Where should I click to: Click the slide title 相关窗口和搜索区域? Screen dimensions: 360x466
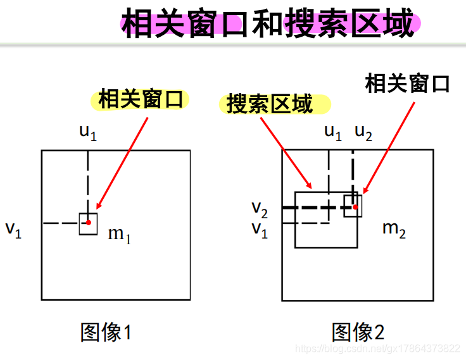[268, 25]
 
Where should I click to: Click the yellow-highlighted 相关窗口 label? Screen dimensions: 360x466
[141, 99]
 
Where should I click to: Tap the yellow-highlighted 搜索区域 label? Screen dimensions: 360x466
[270, 104]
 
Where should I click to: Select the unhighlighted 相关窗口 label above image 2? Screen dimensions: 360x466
[407, 83]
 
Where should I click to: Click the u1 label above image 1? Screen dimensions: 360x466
[87, 132]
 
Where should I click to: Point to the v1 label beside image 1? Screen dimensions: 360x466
[14, 229]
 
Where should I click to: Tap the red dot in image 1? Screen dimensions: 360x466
[89, 222]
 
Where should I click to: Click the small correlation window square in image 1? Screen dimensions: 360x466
[84, 228]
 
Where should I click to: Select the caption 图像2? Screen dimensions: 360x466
[358, 332]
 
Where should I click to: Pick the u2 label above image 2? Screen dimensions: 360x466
[363, 132]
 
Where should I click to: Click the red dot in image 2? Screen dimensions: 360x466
[356, 207]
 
